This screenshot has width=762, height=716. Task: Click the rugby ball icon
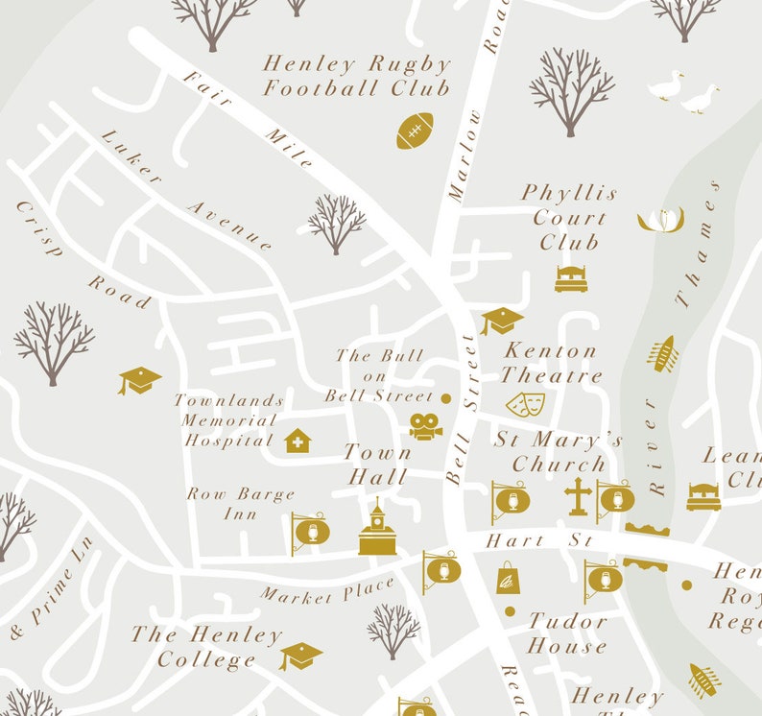(x=415, y=131)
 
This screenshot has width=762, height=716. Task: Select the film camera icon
(x=424, y=425)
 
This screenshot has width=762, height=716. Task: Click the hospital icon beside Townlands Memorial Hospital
(x=298, y=441)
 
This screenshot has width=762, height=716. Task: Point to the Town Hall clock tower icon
(x=377, y=530)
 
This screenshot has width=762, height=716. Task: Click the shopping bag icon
(x=508, y=578)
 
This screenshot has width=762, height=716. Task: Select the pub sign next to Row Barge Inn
(x=311, y=532)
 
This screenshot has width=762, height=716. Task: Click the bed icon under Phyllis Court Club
(x=570, y=278)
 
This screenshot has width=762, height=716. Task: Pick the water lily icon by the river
(x=660, y=220)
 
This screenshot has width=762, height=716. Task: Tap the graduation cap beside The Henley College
(x=300, y=656)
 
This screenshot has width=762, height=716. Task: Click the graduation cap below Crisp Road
(x=140, y=380)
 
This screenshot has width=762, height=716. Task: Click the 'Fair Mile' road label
(x=248, y=119)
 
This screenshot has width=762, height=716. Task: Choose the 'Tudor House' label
(x=567, y=633)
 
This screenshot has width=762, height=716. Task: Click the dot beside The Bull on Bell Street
(x=445, y=397)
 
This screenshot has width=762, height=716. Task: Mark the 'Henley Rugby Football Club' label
(x=356, y=76)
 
